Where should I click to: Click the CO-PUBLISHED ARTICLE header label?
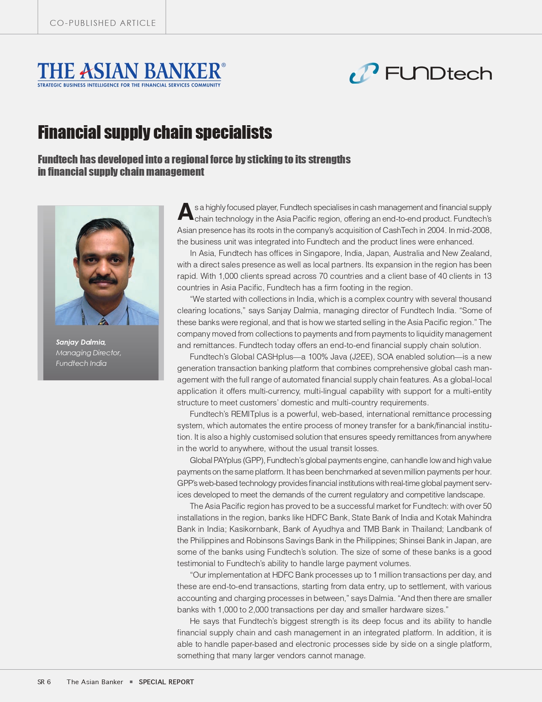(103, 23)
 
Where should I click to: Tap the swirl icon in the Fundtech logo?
(364, 73)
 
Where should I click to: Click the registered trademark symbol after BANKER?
(223, 65)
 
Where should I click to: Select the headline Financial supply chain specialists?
(155, 132)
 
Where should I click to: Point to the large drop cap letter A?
(185, 212)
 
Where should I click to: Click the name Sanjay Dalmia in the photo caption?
(81, 342)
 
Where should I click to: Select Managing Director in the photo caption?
(88, 353)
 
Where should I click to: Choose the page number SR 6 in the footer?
(44, 682)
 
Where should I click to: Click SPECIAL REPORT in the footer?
(166, 682)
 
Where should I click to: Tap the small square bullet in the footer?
(131, 682)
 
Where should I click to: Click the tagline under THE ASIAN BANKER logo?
(129, 85)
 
